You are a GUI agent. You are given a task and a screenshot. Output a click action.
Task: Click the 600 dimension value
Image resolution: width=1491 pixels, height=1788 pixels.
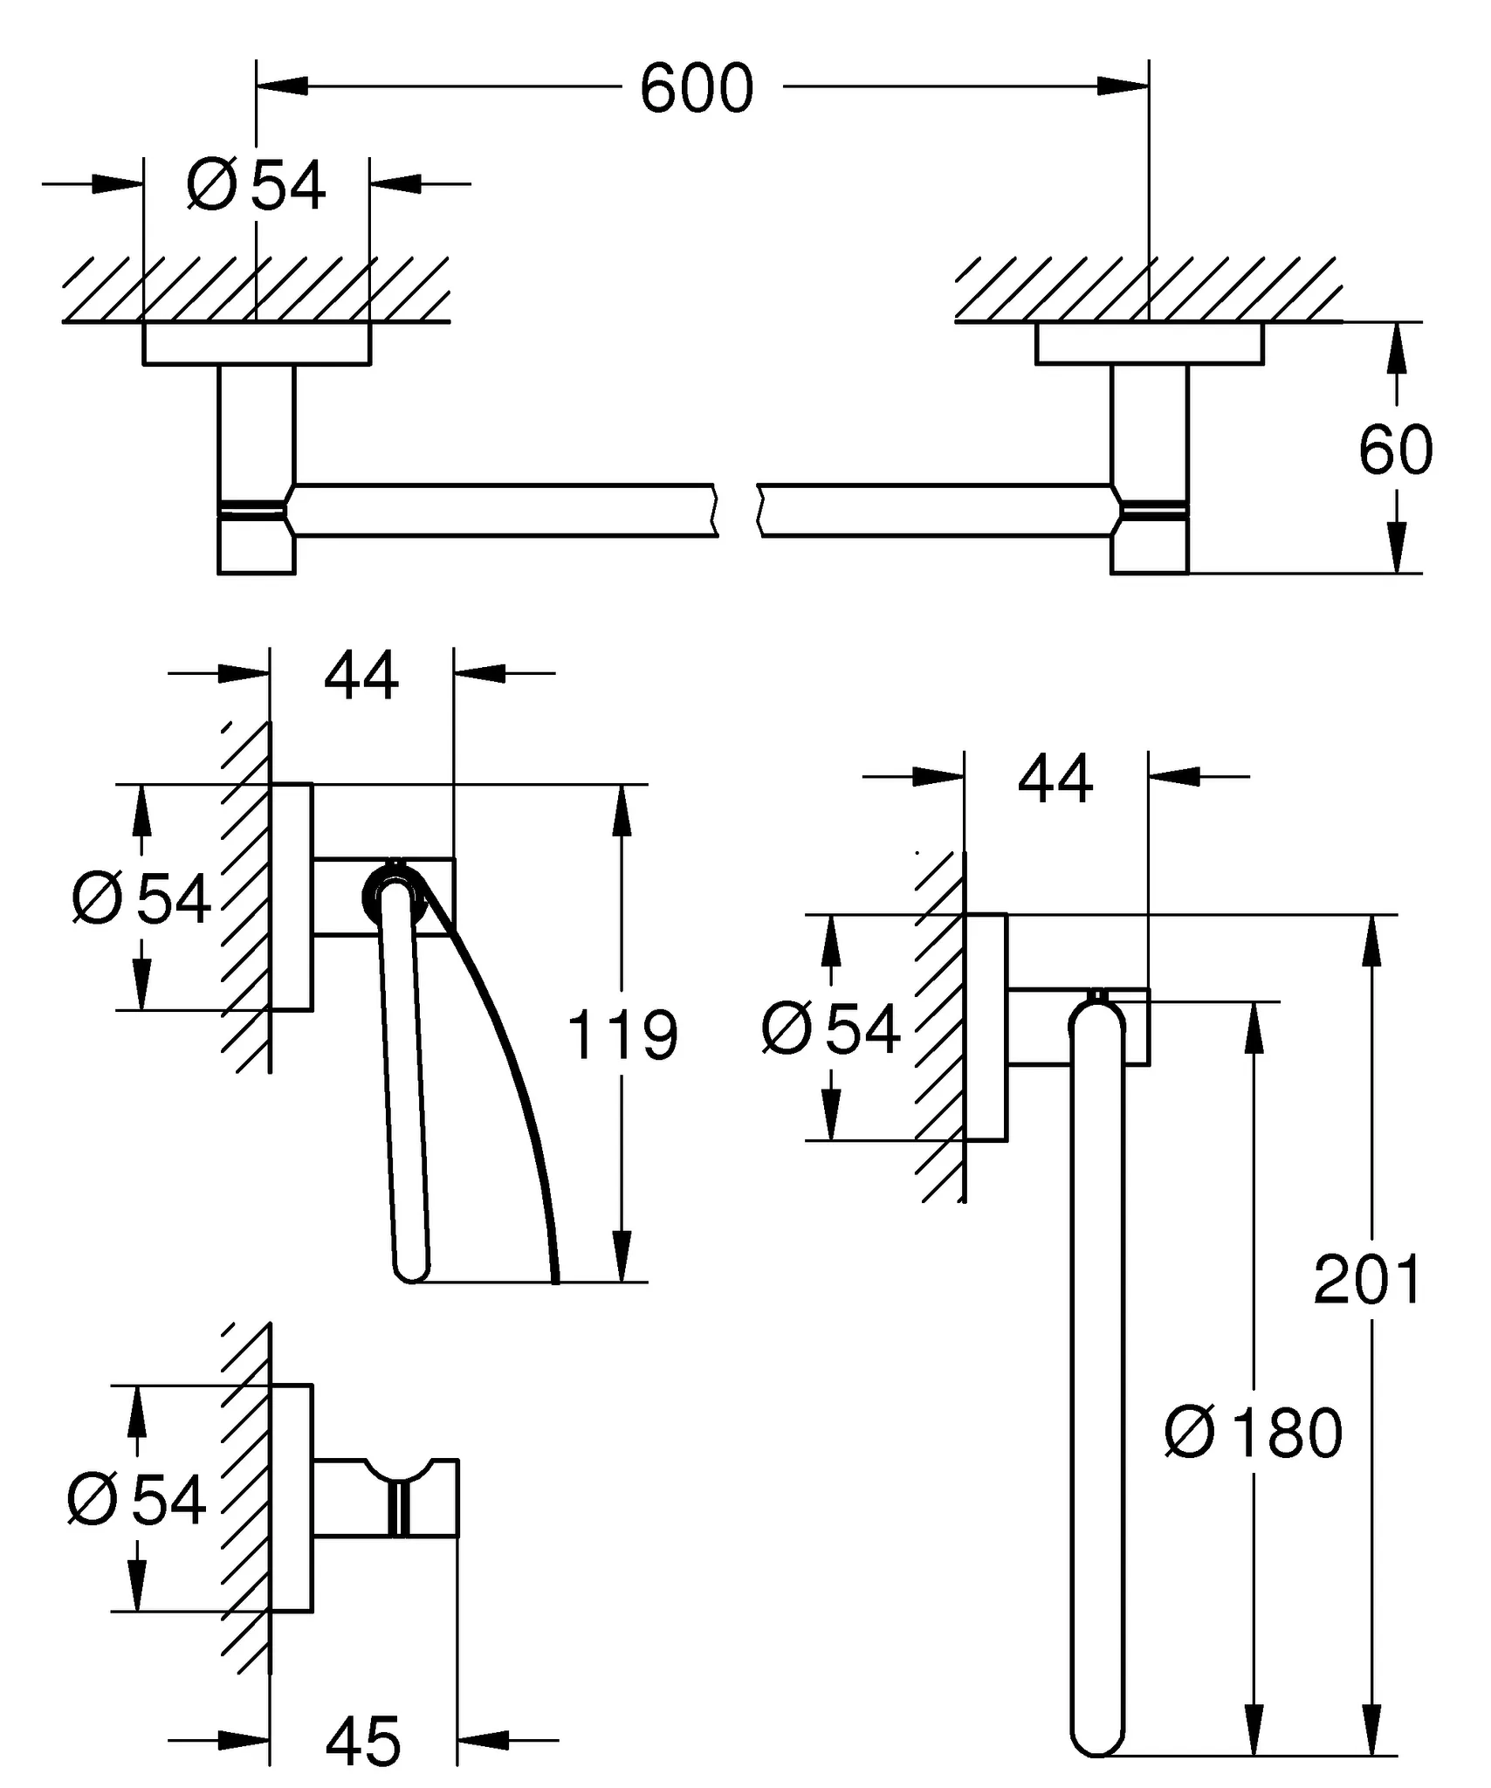[x=696, y=89]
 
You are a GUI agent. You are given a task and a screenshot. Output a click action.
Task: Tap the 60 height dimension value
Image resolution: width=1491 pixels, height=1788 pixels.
[x=1395, y=450]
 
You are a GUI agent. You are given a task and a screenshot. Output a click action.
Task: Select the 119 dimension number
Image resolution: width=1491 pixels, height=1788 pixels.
[x=622, y=1035]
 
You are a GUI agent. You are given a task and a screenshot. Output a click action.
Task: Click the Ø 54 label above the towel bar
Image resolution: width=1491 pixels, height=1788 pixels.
[x=256, y=186]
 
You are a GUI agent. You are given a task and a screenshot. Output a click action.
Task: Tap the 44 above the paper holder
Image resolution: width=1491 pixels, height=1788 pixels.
[x=361, y=675]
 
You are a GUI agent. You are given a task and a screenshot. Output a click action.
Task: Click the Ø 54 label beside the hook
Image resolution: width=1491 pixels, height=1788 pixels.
[x=137, y=1500]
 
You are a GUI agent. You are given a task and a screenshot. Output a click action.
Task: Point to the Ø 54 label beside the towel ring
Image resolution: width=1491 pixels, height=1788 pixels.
[x=831, y=1029]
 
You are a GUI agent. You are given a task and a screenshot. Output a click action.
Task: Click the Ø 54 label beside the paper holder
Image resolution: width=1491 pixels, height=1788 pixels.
[x=141, y=898]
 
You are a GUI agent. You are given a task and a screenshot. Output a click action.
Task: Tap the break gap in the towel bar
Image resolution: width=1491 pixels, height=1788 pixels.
[x=738, y=510]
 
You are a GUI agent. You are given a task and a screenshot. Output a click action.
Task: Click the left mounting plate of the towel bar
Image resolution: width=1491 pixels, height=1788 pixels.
[x=256, y=343]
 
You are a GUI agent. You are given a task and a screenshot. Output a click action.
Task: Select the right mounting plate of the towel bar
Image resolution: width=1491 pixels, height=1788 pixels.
[x=1149, y=343]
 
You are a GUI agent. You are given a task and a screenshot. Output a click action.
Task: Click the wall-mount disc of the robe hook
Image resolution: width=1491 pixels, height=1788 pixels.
[x=292, y=1498]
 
